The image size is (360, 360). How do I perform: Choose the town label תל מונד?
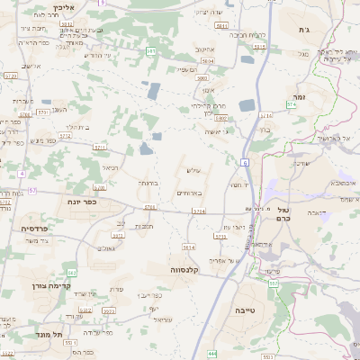pos(51,334)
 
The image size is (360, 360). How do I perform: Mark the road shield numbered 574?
pos(292,105)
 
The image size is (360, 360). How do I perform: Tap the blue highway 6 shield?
pos(244,163)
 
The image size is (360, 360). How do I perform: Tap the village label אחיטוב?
pos(205,50)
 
